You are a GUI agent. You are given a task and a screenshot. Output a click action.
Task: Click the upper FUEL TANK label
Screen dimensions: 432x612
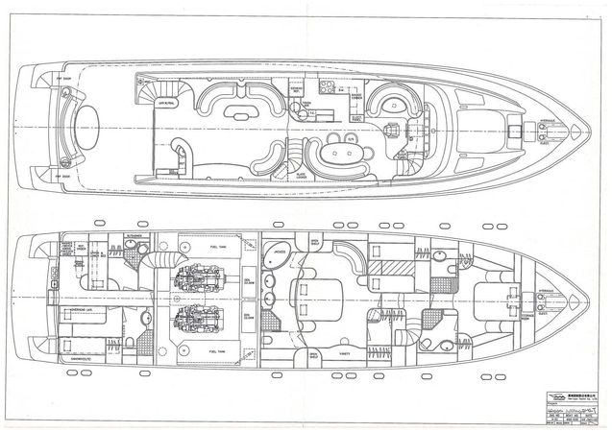pyautogui.click(x=217, y=246)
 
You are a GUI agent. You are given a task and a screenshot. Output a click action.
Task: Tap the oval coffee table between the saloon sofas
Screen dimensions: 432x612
pyautogui.click(x=233, y=113)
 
